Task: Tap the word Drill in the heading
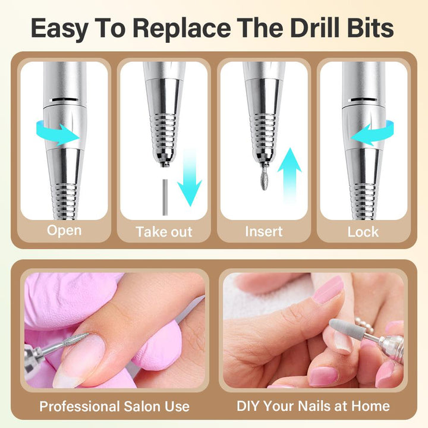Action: (314, 27)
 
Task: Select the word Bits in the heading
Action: (370, 27)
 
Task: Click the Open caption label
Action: (64, 231)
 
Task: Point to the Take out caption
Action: (164, 232)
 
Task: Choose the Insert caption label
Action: (264, 231)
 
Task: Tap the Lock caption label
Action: (363, 232)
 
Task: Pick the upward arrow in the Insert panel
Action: (289, 175)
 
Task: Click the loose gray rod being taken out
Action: (165, 197)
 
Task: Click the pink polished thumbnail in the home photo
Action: (328, 290)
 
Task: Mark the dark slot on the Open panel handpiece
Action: (65, 100)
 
